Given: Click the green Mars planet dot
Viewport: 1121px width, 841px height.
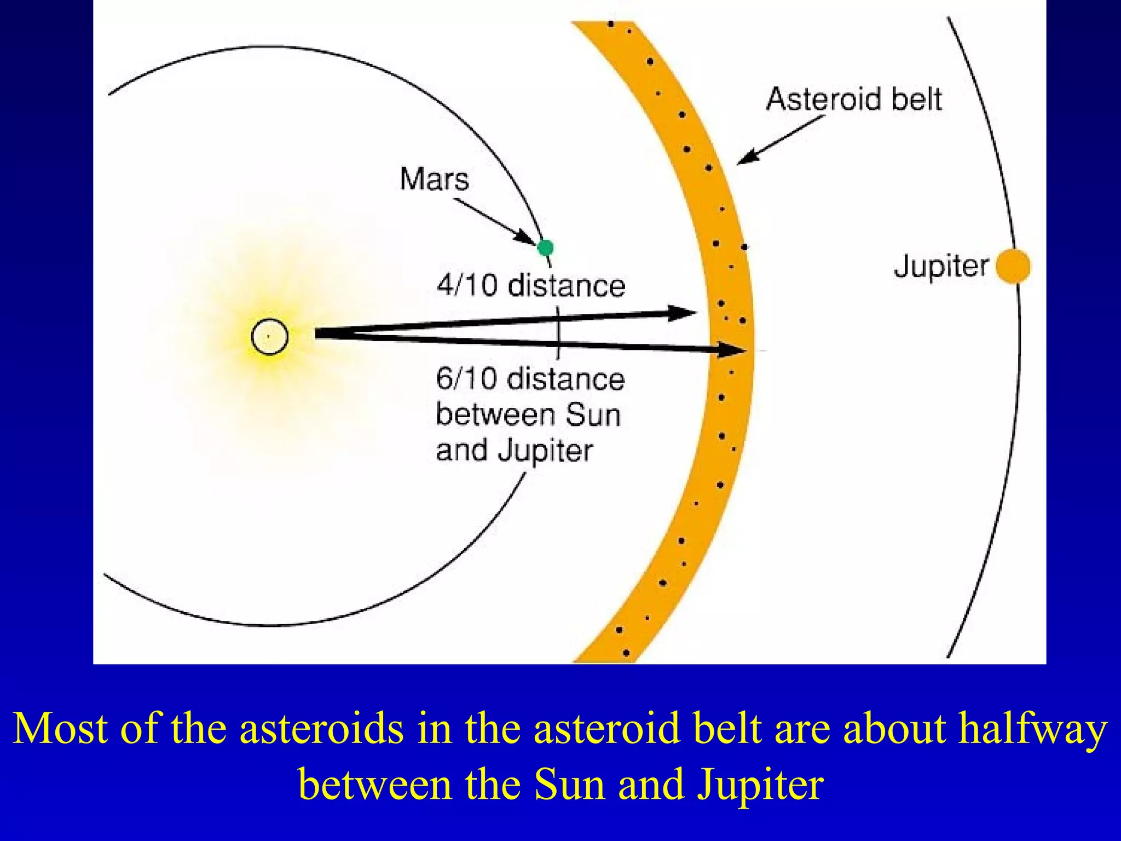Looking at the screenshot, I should (x=545, y=248).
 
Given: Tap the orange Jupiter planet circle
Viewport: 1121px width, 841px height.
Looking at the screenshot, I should (x=1013, y=267).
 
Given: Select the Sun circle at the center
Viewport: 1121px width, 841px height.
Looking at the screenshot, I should (x=269, y=336).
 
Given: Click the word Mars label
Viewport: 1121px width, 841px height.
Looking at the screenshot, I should (x=434, y=179).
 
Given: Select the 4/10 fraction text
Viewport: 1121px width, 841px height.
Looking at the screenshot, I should (x=467, y=285).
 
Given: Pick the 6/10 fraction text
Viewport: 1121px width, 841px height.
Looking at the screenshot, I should (x=466, y=379).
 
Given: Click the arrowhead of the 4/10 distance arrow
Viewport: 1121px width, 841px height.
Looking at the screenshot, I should (x=684, y=313).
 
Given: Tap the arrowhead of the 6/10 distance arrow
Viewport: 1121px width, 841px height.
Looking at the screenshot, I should (x=733, y=349).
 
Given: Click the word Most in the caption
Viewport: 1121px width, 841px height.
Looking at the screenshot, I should (x=60, y=728).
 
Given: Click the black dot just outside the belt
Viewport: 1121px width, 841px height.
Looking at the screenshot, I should (x=744, y=247).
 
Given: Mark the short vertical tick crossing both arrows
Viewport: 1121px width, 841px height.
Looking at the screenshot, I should (x=558, y=332).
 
